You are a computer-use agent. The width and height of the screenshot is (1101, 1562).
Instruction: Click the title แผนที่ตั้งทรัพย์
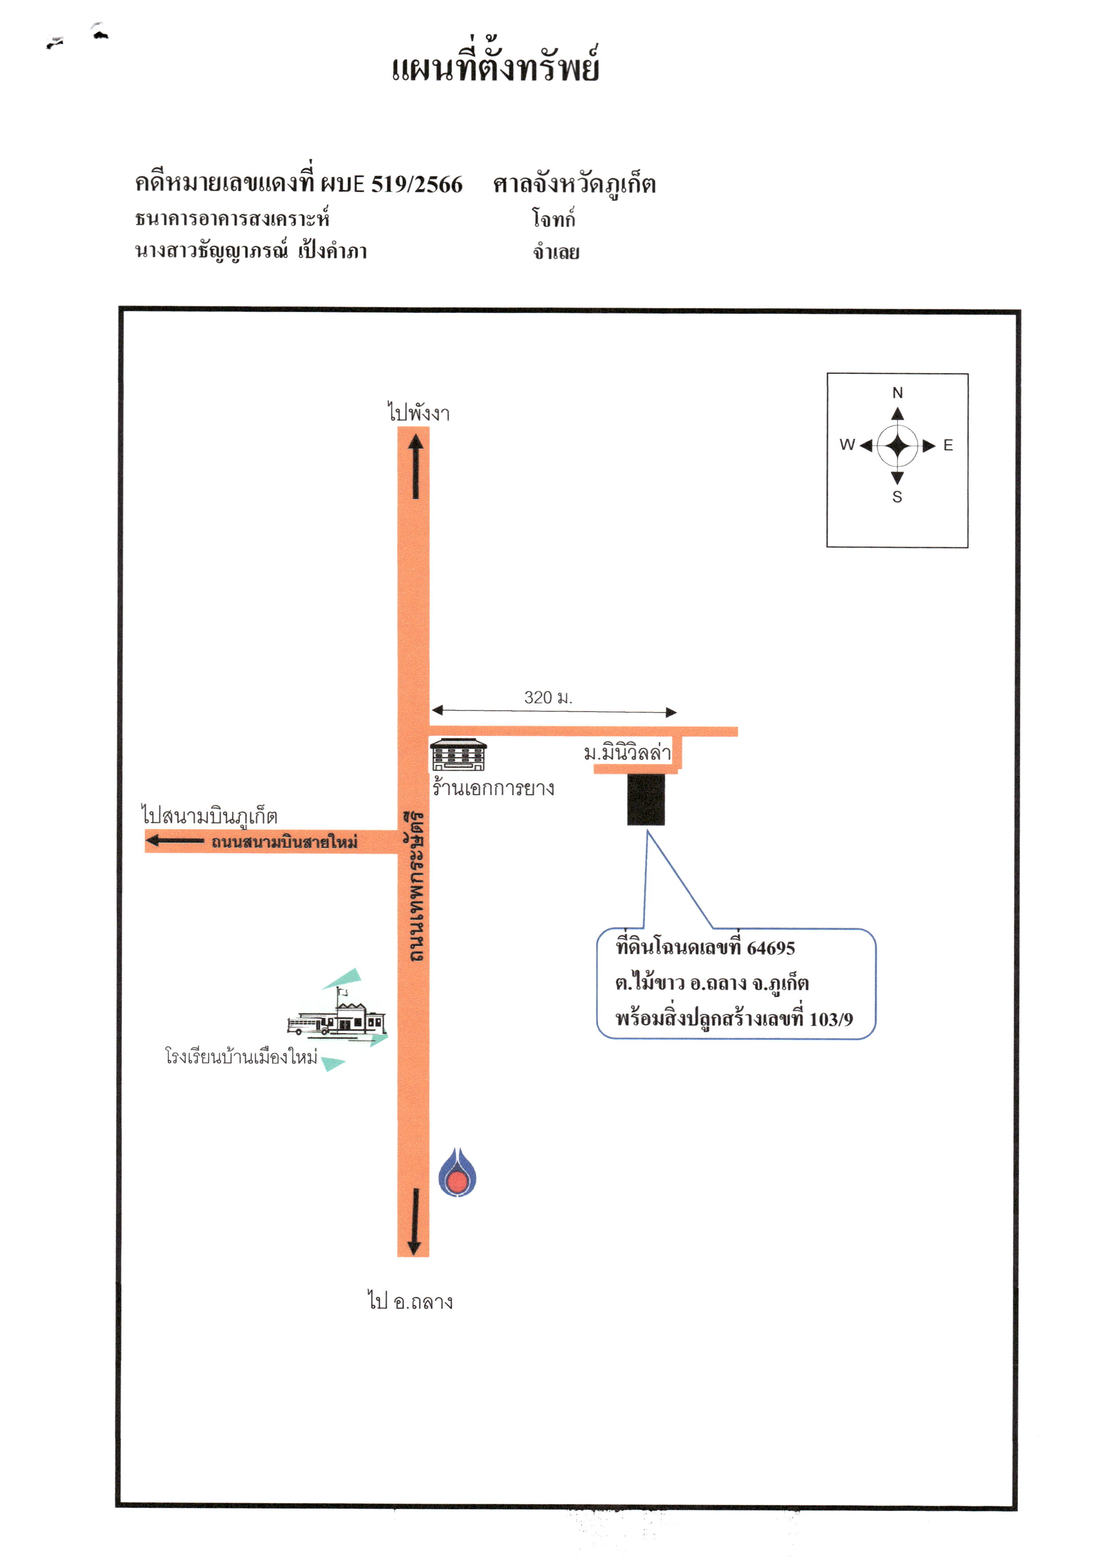tap(495, 67)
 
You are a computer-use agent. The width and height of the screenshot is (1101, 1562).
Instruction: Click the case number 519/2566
tap(416, 184)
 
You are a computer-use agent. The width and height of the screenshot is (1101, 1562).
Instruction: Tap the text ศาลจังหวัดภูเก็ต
tap(574, 184)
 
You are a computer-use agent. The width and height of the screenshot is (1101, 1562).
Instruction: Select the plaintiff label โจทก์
tap(554, 218)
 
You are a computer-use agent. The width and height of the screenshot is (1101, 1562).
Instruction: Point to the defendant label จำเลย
tap(556, 252)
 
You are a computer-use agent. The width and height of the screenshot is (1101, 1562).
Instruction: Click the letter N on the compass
tap(898, 392)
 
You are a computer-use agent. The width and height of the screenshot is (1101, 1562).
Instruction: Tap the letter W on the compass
tap(847, 444)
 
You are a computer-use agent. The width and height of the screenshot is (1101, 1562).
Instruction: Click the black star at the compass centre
tap(898, 446)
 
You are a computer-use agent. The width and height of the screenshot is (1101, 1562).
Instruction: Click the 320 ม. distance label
tap(548, 697)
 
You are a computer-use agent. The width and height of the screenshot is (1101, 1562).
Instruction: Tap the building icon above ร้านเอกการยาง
tap(458, 754)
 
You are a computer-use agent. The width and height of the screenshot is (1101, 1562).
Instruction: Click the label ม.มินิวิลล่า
tap(627, 753)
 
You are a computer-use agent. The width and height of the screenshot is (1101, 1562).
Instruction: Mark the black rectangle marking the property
tap(645, 799)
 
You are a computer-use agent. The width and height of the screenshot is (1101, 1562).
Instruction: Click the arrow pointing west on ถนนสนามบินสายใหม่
tap(175, 841)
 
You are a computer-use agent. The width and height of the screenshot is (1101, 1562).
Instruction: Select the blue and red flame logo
tap(457, 1172)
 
